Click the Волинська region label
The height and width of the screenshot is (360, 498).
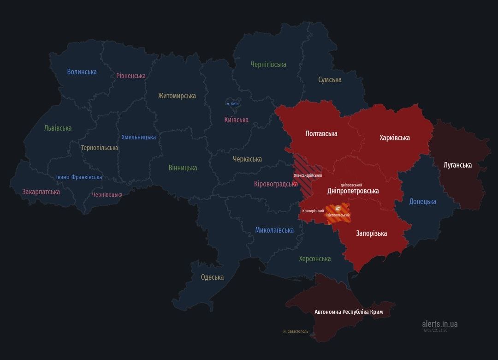point(82,72)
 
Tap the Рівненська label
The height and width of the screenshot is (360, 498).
point(130,76)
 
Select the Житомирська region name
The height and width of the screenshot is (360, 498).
point(177,96)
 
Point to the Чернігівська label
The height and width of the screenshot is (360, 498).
point(268,64)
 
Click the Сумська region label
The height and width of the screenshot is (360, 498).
point(330,79)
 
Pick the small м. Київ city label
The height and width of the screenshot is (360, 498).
point(232,104)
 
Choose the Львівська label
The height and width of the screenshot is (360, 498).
point(58,128)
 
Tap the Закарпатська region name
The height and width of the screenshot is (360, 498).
point(41,192)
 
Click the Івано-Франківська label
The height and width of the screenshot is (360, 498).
point(79,177)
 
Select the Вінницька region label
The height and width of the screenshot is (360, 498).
point(183,168)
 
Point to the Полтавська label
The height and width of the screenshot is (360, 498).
point(321,133)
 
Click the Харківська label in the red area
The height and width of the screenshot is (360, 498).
point(395,138)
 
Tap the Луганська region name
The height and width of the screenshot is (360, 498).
point(457,165)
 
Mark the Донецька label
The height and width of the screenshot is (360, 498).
point(422,201)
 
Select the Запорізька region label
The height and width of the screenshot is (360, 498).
point(371,233)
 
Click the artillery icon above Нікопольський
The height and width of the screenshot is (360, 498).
point(338,209)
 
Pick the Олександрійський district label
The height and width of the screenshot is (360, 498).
point(308,175)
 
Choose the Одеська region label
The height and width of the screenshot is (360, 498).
point(212,277)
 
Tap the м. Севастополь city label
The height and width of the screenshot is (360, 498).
point(296,331)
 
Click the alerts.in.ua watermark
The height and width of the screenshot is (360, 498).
point(439,324)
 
